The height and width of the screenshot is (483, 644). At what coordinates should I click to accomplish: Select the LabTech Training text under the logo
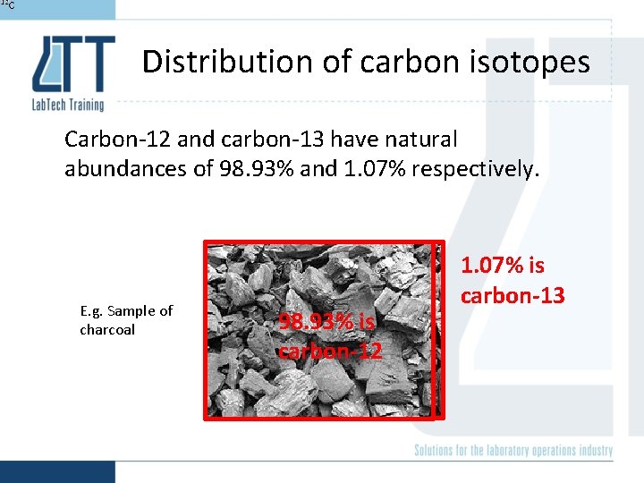point(68,105)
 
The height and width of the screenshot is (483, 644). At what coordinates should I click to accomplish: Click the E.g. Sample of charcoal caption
point(125,320)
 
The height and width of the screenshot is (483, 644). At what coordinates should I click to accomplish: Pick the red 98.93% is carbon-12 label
point(329,335)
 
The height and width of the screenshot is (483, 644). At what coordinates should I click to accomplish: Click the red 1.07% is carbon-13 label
point(512,280)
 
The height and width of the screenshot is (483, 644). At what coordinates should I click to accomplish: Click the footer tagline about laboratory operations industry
point(513,450)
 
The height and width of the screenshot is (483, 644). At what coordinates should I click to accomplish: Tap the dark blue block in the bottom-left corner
point(57,471)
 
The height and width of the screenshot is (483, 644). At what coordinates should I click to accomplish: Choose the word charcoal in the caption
point(107,329)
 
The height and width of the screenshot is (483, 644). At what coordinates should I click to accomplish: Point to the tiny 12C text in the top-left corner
point(7,5)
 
